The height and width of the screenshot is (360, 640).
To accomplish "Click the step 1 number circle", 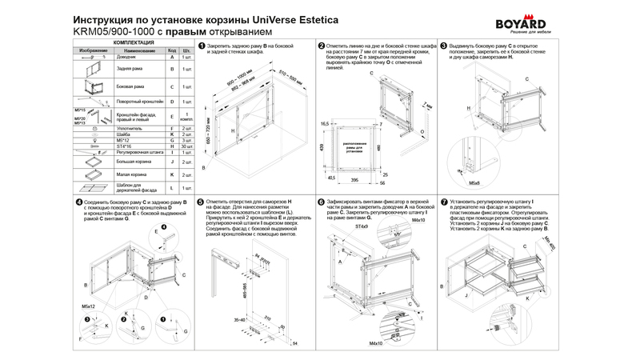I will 201,47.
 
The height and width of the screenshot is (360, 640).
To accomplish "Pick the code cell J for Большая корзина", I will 171,162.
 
